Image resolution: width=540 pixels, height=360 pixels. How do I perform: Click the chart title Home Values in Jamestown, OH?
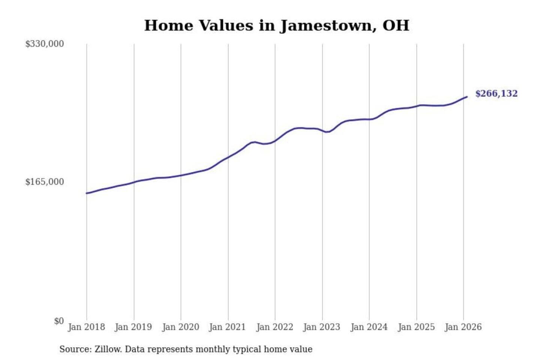click(276, 25)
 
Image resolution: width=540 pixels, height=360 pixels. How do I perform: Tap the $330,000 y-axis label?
click(44, 44)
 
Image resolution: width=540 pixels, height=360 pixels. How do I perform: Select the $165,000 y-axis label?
click(44, 182)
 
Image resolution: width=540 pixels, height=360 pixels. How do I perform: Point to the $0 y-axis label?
click(59, 321)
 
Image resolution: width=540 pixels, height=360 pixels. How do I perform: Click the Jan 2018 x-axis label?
click(86, 327)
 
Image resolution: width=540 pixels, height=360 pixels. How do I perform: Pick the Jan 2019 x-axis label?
click(133, 327)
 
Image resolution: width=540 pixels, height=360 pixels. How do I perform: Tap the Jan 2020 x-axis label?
click(180, 327)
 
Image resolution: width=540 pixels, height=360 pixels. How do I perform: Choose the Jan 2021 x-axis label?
click(227, 327)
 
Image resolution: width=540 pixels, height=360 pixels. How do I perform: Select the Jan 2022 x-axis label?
click(274, 327)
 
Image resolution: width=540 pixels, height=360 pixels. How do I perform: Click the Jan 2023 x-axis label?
click(321, 327)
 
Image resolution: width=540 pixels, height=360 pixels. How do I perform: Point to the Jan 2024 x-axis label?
click(369, 327)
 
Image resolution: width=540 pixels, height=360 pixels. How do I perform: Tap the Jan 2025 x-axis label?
click(416, 327)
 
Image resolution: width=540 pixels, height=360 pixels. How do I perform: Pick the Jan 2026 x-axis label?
click(463, 327)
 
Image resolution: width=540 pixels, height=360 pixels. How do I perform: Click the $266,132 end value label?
click(496, 94)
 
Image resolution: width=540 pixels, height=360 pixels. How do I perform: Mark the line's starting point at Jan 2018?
click(87, 193)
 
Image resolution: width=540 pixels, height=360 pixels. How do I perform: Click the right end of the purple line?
click(467, 97)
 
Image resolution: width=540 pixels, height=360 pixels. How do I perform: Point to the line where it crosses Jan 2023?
click(322, 130)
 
